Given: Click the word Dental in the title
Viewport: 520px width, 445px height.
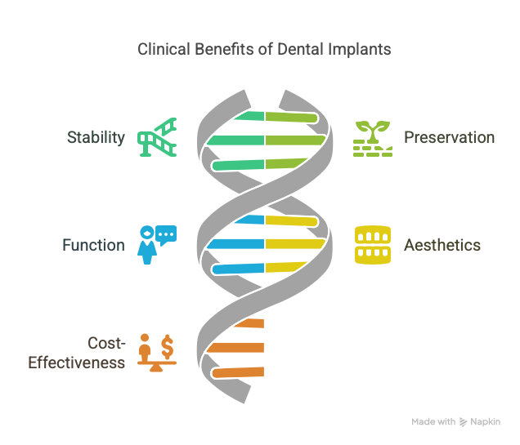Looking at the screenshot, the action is [301, 49].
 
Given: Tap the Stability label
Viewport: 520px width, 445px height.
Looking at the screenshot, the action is [96, 138].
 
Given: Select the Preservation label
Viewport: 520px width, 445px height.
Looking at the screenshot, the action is [450, 137].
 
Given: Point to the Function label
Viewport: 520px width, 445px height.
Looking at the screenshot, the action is [94, 245].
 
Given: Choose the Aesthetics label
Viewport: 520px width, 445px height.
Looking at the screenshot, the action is [442, 245].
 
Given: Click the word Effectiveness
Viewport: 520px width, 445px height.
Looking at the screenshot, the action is [77, 363].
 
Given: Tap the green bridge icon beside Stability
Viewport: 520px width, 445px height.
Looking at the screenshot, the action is [157, 137].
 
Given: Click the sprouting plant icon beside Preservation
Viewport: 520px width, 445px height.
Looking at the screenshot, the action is [373, 139].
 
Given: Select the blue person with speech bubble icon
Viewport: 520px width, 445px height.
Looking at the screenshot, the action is [157, 245].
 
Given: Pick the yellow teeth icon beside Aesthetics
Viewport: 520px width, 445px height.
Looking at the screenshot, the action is [373, 245].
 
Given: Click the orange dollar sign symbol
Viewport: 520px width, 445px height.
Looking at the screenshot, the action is [168, 347].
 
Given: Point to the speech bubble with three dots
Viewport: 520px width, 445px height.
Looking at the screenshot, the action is [166, 235].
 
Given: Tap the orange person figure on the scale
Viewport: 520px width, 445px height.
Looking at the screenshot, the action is [145, 348].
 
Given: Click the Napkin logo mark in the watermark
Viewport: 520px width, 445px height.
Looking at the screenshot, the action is [463, 422].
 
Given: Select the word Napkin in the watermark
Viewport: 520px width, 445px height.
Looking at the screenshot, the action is [486, 422].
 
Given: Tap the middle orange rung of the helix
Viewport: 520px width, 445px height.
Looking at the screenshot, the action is [235, 348].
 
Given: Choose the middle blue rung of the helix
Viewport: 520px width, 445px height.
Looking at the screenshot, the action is [235, 244].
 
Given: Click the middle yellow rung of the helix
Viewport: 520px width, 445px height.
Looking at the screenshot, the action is [295, 244].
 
